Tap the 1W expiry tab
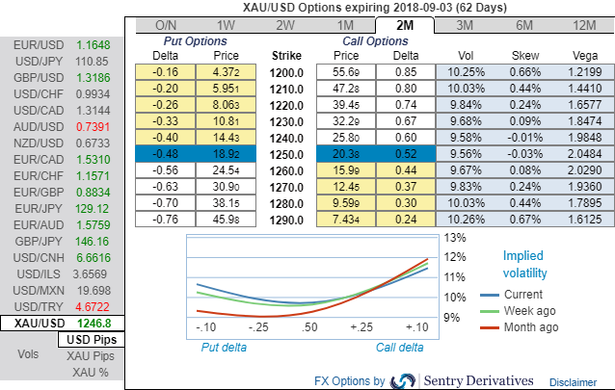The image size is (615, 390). [226, 25]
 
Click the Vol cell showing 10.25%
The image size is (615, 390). [464, 72]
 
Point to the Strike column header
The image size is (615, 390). [287, 56]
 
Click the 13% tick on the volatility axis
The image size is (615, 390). [455, 237]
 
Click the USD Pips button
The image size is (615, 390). [92, 341]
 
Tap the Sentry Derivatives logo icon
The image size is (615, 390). [402, 380]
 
